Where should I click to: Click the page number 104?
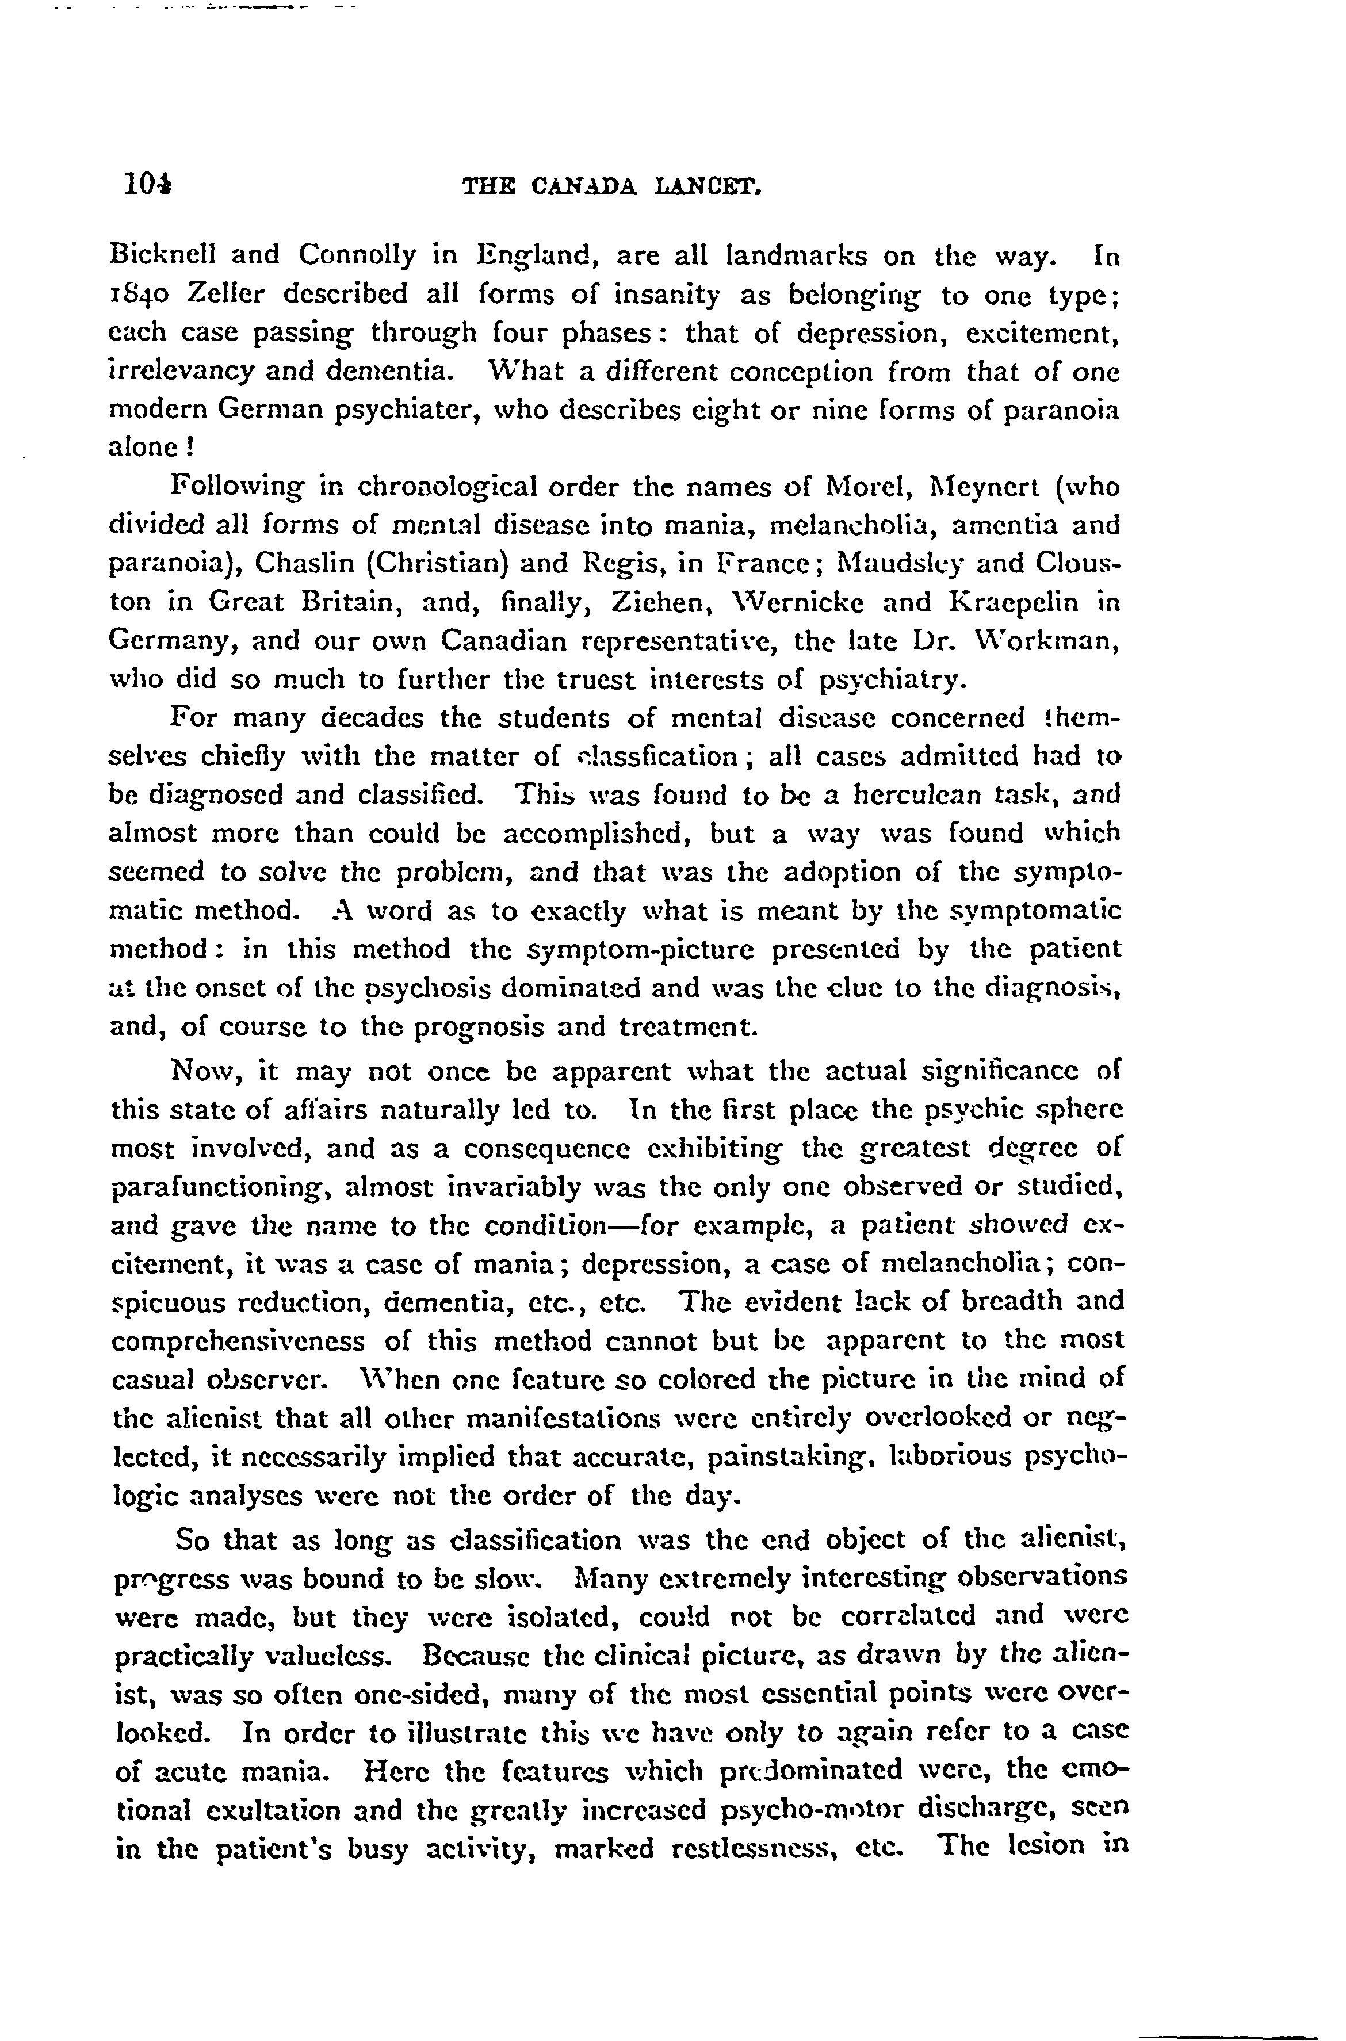147,184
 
